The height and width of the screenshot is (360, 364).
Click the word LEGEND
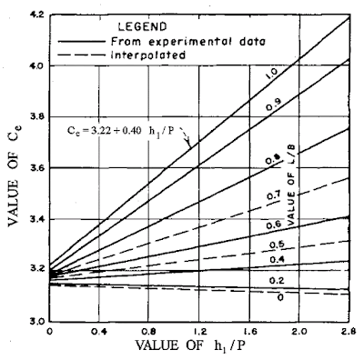point(142,26)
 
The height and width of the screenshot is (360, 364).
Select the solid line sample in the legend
point(82,42)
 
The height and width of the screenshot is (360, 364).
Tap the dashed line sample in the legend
point(82,55)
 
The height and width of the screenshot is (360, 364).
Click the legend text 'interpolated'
point(148,55)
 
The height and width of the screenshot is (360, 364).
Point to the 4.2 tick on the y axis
point(37,15)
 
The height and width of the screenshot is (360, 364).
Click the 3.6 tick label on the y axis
point(37,167)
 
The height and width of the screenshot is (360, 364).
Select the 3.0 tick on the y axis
point(37,321)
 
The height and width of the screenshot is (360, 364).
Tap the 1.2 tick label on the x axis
point(199,331)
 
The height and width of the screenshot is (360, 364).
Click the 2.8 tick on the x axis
point(349,331)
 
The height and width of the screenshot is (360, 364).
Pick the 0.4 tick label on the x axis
point(99,331)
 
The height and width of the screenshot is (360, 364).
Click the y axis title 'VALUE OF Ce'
point(14,175)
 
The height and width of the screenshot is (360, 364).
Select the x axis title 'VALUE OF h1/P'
point(189,345)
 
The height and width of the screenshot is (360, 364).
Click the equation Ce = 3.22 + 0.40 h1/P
point(121,130)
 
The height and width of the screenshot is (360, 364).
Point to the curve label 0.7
point(274,195)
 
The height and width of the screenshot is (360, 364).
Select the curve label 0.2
point(277,281)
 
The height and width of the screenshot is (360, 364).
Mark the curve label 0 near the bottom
point(280,297)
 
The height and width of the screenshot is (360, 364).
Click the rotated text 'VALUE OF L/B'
point(291,185)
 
